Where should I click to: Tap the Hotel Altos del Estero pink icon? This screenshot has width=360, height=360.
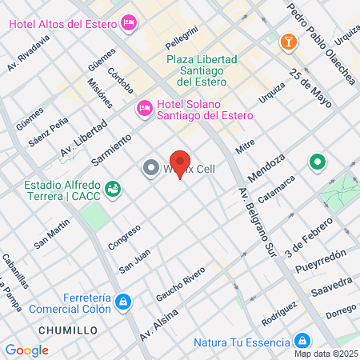click(128, 22)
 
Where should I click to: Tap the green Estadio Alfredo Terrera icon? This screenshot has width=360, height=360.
click(113, 189)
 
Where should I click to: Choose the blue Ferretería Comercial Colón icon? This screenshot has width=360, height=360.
click(122, 302)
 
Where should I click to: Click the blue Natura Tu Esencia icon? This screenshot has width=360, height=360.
click(301, 340)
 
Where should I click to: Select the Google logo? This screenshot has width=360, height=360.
click(26, 350)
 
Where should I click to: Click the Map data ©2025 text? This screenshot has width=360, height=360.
click(326, 354)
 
